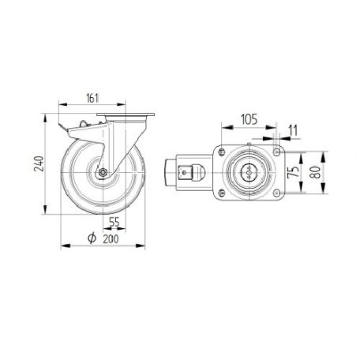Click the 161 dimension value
[x=92, y=98]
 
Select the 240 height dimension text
[x=39, y=163]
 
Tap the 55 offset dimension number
[x=114, y=223]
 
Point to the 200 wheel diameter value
[x=111, y=239]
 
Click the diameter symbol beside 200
[x=92, y=238]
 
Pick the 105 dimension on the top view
[x=249, y=119]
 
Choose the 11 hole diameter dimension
[x=293, y=130]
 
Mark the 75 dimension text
[x=293, y=171]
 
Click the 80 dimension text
[x=315, y=172]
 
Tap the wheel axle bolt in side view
[x=102, y=172]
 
